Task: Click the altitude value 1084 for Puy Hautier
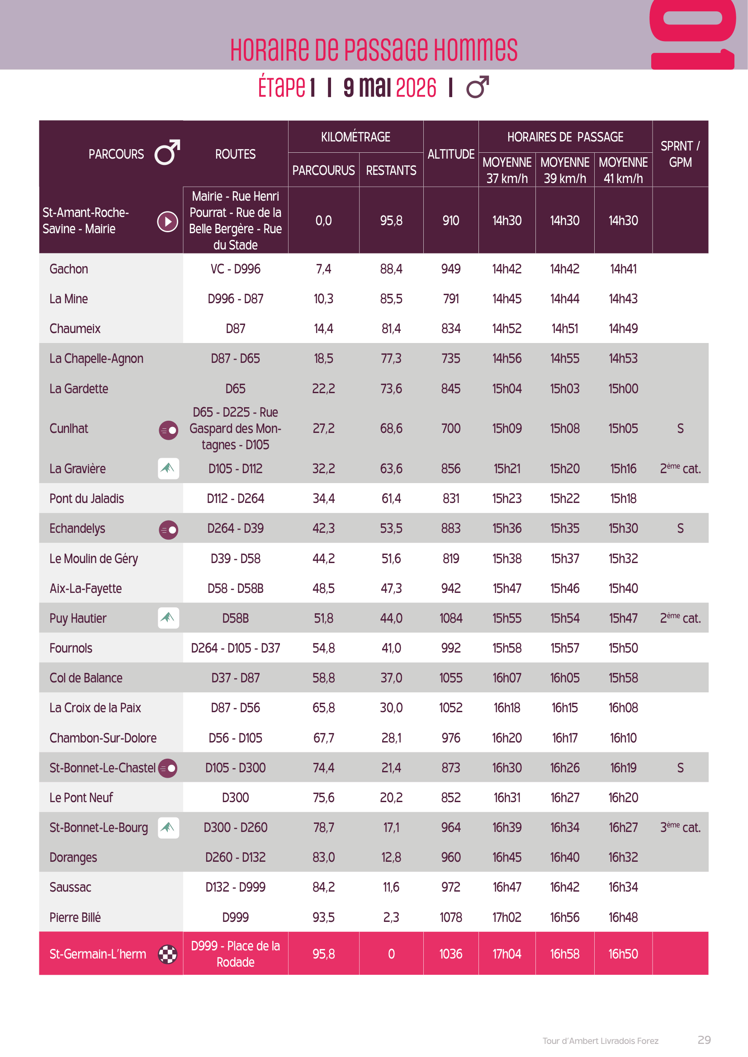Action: pyautogui.click(x=450, y=618)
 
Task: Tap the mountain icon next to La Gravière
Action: pyautogui.click(x=168, y=469)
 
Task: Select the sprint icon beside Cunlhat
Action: pyautogui.click(x=168, y=430)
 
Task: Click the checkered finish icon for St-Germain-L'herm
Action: pyautogui.click(x=168, y=954)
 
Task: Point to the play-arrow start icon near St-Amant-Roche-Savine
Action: pyautogui.click(x=168, y=221)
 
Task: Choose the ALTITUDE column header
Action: pyautogui.click(x=450, y=154)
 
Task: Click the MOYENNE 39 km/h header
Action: pyautogui.click(x=565, y=170)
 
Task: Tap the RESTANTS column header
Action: pyautogui.click(x=391, y=171)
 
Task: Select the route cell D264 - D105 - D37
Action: pyautogui.click(x=235, y=648)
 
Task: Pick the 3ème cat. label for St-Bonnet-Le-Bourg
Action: pyautogui.click(x=680, y=827)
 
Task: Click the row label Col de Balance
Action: pyautogui.click(x=86, y=678)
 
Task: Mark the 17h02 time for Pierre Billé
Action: pyautogui.click(x=507, y=917)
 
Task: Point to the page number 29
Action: pyautogui.click(x=704, y=1040)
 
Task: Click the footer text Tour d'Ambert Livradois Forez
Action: pyautogui.click(x=600, y=1041)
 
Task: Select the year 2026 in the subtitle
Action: pyautogui.click(x=416, y=88)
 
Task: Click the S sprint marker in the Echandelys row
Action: pyautogui.click(x=680, y=529)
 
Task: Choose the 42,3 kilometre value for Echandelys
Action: pyautogui.click(x=323, y=529)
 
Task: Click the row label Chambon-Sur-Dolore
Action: pyautogui.click(x=103, y=738)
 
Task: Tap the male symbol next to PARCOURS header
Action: pyautogui.click(x=167, y=152)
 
